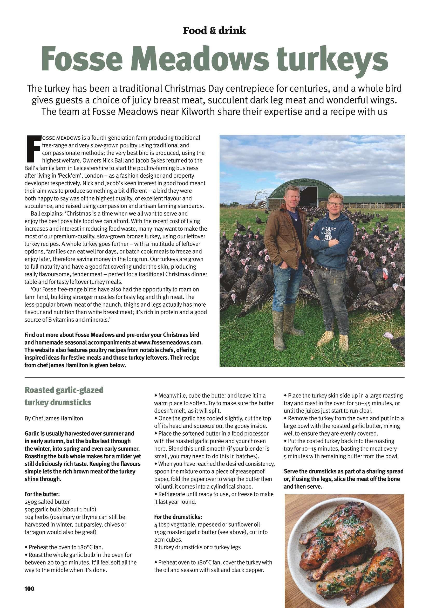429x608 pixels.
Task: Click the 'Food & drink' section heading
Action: pos(214,31)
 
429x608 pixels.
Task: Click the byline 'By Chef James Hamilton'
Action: pos(54,418)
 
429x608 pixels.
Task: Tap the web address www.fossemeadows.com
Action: pos(170,342)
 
